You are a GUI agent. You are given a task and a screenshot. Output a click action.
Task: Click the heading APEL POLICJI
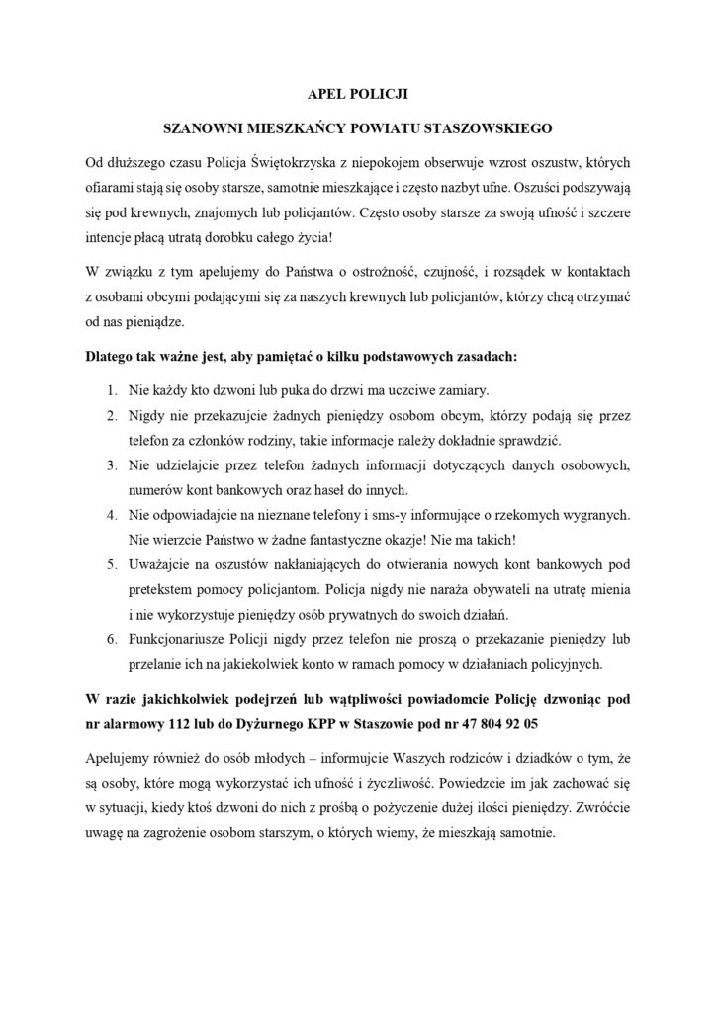point(357,96)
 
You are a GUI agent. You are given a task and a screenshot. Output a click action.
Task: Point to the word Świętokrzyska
point(291,161)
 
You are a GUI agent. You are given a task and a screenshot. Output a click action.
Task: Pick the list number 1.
point(113,388)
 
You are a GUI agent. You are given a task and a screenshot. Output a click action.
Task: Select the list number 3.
point(113,464)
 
